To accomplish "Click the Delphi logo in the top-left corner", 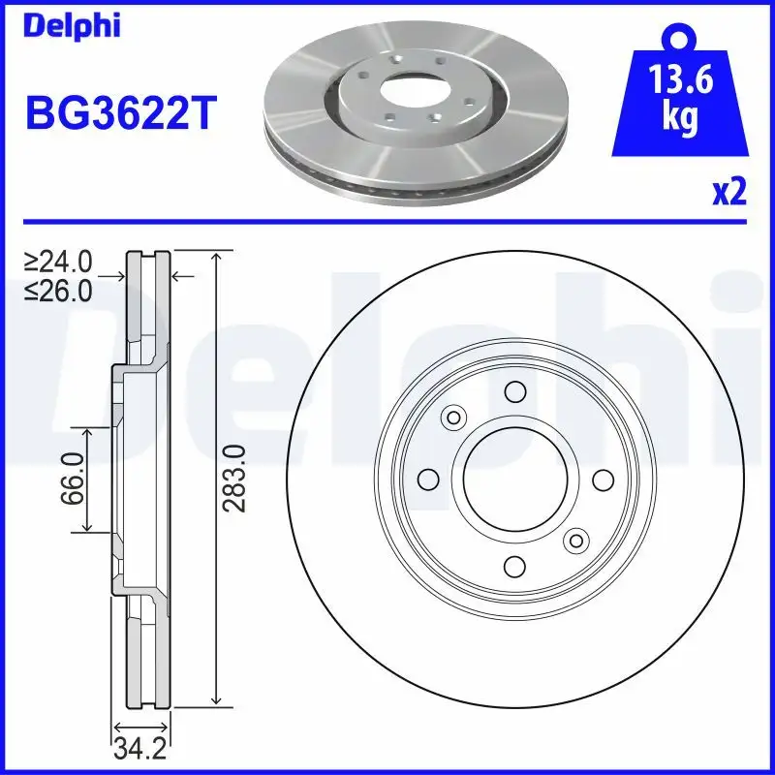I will pyautogui.click(x=72, y=26).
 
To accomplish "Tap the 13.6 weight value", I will pyautogui.click(x=682, y=80).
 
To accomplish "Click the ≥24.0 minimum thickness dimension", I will pyautogui.click(x=59, y=262).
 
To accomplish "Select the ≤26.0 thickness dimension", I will pyautogui.click(x=59, y=290).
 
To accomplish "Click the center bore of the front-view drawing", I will pyautogui.click(x=514, y=479).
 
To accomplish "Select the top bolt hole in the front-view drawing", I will pyautogui.click(x=514, y=391).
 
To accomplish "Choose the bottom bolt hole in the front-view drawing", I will pyautogui.click(x=514, y=566).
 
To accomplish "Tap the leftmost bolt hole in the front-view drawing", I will pyautogui.click(x=427, y=479).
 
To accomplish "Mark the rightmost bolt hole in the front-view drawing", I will pyautogui.click(x=602, y=479).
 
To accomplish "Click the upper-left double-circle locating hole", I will pyautogui.click(x=452, y=418).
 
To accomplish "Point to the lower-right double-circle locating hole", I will pyautogui.click(x=576, y=540).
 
